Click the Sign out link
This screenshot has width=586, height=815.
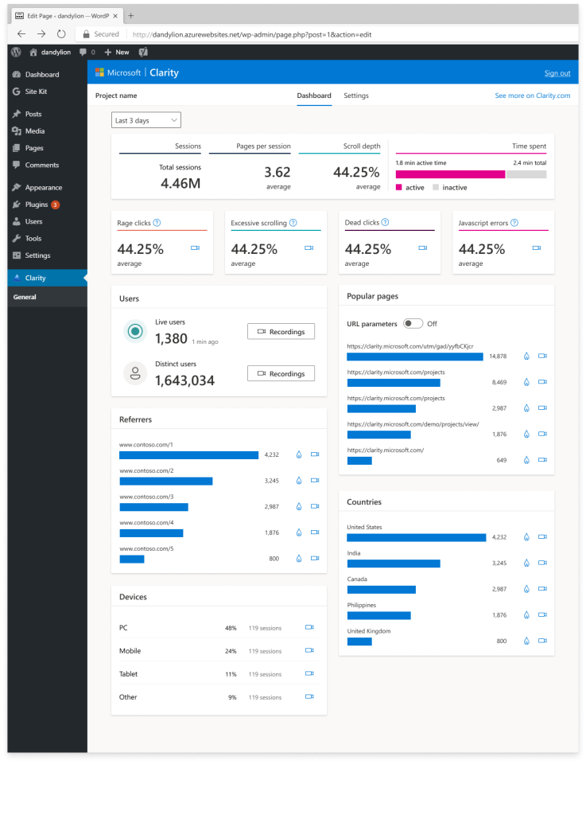tap(557, 73)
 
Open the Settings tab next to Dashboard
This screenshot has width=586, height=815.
tap(355, 96)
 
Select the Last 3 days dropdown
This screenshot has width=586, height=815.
tap(146, 120)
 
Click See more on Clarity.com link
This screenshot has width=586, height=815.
tap(532, 96)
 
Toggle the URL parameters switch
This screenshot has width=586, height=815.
tap(413, 324)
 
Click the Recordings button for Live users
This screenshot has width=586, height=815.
tap(281, 331)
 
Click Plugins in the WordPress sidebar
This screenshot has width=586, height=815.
tap(37, 205)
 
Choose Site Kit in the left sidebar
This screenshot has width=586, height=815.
tap(36, 92)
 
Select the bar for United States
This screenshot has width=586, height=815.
tap(416, 537)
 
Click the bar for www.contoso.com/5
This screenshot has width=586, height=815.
tap(132, 559)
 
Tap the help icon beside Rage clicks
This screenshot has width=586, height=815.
tap(157, 224)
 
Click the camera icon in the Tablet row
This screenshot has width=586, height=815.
tap(309, 673)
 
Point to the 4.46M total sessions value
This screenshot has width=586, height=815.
tap(180, 184)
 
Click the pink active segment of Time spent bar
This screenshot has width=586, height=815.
tap(449, 174)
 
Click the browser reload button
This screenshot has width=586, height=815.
tap(60, 34)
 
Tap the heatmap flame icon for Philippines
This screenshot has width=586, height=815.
tap(526, 615)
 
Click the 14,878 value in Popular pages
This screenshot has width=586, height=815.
tap(498, 357)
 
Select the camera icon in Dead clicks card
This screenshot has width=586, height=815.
tap(422, 248)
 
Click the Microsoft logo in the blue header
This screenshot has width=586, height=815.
tap(100, 72)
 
